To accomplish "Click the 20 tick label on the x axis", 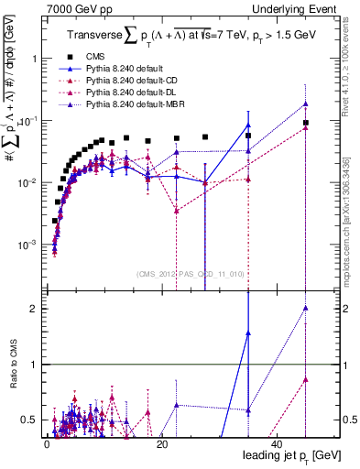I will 161,443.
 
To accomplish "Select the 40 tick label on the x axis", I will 277,443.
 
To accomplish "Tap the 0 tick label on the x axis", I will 46,443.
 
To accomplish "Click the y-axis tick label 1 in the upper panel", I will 34,58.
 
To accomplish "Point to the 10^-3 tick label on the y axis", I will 28,245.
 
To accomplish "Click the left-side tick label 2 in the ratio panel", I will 34,309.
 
